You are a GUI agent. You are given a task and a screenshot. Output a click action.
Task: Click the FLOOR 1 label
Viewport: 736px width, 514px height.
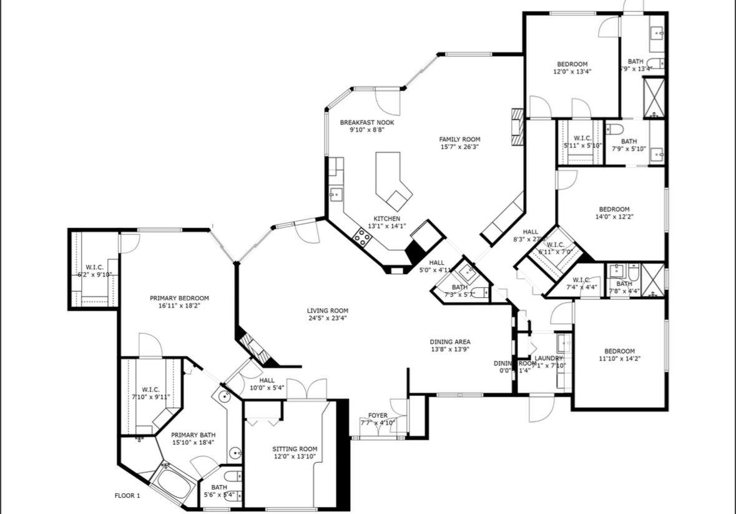(127, 496)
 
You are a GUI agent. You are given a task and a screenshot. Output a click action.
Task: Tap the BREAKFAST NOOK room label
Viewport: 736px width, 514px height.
(367, 122)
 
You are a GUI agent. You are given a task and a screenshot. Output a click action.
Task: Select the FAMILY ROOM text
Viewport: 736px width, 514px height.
(459, 139)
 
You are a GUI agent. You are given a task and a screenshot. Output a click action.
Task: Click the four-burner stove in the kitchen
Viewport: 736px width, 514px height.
(361, 236)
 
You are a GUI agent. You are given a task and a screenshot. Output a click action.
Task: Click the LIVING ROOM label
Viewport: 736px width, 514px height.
(327, 310)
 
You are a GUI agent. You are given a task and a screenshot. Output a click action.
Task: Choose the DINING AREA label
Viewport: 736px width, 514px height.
(449, 342)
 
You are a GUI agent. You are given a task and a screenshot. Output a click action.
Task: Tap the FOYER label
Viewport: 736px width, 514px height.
(377, 415)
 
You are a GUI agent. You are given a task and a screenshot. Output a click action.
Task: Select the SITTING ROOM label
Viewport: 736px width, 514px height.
(295, 448)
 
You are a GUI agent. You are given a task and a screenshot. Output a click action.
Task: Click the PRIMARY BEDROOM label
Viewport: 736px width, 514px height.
(179, 298)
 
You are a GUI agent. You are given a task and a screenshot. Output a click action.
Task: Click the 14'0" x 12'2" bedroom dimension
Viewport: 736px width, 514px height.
(614, 217)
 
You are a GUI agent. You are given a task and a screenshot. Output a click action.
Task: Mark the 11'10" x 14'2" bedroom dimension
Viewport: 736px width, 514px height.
(619, 358)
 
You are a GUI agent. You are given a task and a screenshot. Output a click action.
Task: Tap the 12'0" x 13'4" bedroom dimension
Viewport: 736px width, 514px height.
(572, 71)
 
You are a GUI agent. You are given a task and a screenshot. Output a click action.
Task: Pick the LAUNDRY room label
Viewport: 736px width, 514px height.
(549, 358)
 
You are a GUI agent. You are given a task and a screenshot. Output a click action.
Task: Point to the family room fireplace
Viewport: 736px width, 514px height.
(516, 127)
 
